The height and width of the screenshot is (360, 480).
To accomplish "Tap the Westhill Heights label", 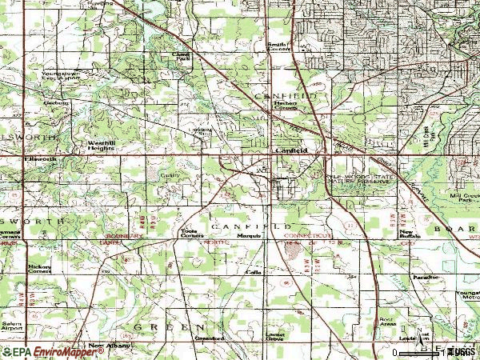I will (x=101, y=145).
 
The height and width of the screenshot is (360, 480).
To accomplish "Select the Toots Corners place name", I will (x=189, y=232).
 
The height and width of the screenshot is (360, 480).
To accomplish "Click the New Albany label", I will (x=108, y=346).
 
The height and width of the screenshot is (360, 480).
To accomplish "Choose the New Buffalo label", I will (x=410, y=234).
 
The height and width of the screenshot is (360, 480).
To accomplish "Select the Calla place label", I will (x=253, y=272).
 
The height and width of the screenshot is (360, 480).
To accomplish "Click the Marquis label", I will (x=234, y=235).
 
